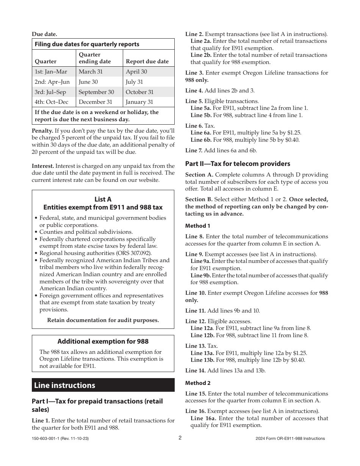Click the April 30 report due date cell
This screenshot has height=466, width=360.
[136, 72]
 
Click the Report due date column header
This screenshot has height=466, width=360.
[147, 61]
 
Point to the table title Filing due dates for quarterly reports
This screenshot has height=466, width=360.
[87, 44]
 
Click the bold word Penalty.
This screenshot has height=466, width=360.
[42, 131]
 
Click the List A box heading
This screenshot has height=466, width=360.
[103, 203]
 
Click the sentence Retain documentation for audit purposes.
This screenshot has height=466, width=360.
[103, 320]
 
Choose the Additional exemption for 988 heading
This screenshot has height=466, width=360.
[103, 341]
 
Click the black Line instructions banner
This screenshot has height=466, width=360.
[103, 385]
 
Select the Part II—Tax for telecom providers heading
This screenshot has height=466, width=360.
[238, 164]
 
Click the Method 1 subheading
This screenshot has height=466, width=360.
[197, 226]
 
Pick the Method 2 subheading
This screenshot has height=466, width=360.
[197, 383]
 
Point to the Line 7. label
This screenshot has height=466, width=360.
[194, 150]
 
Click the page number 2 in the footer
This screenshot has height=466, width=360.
[180, 438]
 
